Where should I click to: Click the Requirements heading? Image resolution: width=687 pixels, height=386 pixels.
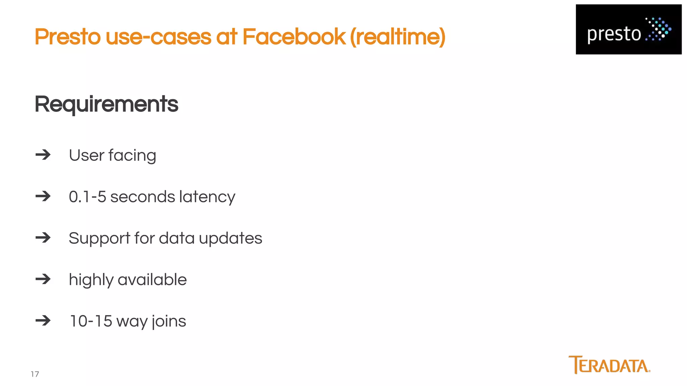(x=106, y=104)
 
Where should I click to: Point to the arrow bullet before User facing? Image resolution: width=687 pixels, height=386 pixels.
(x=43, y=155)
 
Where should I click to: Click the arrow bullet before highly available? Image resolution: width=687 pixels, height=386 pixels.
(x=43, y=279)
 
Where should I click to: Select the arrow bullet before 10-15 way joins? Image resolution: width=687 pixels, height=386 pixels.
(x=43, y=321)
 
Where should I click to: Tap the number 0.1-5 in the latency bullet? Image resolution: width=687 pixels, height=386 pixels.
(x=88, y=197)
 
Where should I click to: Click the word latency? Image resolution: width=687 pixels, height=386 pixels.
(x=207, y=197)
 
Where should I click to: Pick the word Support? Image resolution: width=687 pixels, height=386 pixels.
(x=99, y=239)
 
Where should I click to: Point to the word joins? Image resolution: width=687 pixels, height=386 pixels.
(x=169, y=321)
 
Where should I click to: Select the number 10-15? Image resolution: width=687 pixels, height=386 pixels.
(x=91, y=321)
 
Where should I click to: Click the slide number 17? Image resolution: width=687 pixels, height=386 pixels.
(x=35, y=374)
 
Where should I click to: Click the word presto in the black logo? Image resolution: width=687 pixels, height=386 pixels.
(x=614, y=34)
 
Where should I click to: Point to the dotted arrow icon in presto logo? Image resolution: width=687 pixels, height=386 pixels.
(x=658, y=29)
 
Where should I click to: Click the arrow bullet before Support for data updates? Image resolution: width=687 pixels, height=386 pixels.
(x=43, y=238)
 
